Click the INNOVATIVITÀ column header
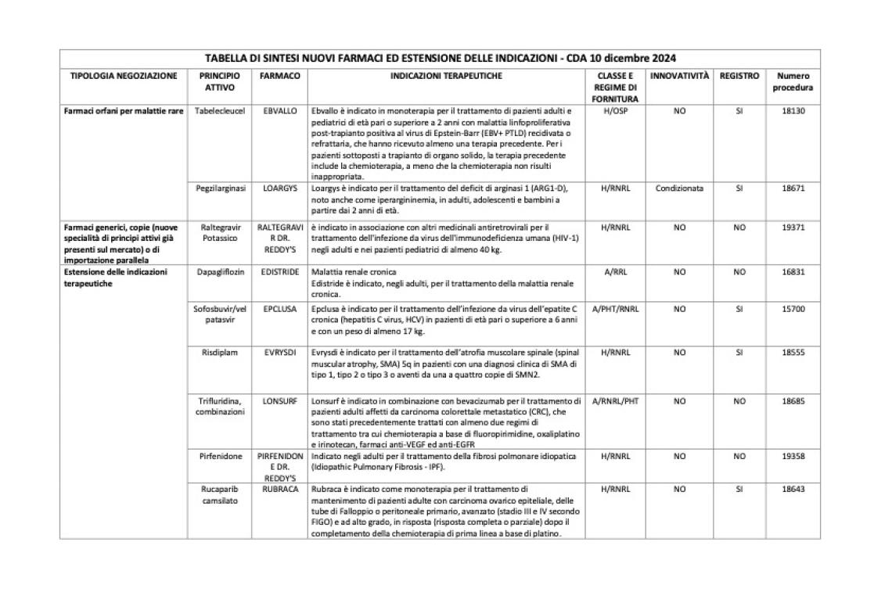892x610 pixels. coord(679,77)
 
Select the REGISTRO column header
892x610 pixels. coord(739,77)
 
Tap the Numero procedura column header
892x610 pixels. coord(793,82)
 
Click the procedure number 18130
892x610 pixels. coord(793,111)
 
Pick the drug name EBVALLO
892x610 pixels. coord(280,111)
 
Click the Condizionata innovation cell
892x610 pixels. coord(679,188)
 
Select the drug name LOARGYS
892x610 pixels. coord(280,188)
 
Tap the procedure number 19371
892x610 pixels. coord(793,228)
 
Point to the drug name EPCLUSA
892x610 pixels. coord(280,309)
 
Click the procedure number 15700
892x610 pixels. coord(793,309)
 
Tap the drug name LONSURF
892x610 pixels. coord(280,401)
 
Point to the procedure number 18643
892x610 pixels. coord(793,490)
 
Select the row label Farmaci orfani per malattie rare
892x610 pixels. coord(123,111)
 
